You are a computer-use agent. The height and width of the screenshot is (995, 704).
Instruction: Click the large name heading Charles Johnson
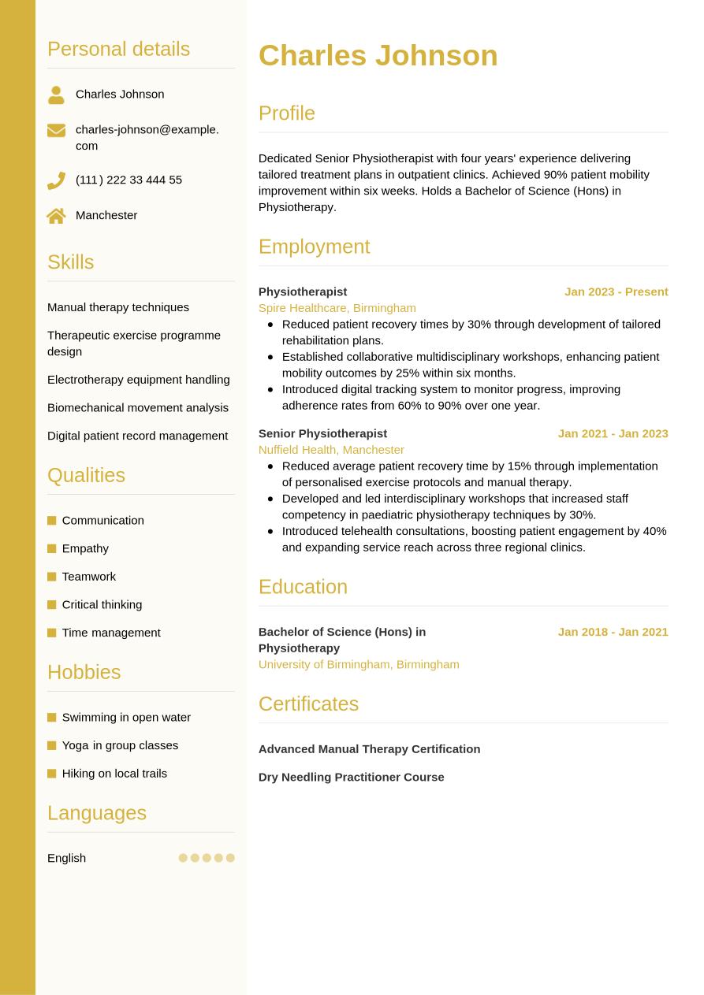click(378, 55)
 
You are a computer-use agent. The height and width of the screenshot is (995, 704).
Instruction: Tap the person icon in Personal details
click(56, 95)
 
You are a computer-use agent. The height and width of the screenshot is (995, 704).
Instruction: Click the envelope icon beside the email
click(56, 130)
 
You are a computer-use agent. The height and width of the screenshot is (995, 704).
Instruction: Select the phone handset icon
click(56, 180)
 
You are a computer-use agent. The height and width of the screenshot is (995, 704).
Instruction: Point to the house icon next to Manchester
click(56, 216)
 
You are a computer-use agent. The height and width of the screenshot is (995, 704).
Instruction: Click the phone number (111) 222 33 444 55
click(129, 180)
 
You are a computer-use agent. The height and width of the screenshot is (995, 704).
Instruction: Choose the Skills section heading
click(70, 262)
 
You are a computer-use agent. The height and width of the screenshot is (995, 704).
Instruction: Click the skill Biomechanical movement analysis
click(138, 407)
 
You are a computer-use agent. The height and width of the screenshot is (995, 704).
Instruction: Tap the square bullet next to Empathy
click(52, 548)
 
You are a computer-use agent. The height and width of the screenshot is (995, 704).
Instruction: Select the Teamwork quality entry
click(88, 577)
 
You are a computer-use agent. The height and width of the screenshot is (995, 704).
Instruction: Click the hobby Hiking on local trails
click(114, 774)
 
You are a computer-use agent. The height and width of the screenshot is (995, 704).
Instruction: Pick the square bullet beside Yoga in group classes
click(52, 745)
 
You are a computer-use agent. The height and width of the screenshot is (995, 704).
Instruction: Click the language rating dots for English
click(207, 858)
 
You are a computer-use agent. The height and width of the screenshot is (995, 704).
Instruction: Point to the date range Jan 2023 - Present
click(616, 291)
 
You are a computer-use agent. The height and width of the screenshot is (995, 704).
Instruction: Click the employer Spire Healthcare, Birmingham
click(337, 308)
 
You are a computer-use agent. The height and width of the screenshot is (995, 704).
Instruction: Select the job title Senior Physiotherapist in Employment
click(322, 433)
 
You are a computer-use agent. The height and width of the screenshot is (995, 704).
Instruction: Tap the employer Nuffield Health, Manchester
click(331, 450)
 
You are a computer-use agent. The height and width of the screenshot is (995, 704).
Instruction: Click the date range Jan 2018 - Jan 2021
click(613, 632)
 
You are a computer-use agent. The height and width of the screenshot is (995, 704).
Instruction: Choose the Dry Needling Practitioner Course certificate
click(351, 777)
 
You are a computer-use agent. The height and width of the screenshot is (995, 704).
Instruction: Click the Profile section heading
click(286, 113)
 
